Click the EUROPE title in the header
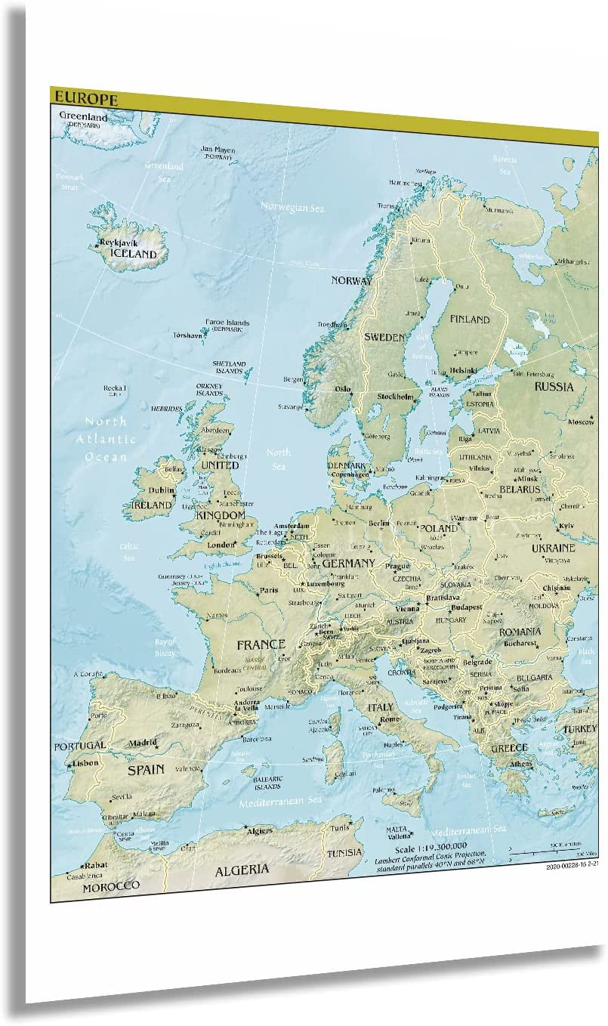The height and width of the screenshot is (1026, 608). click(x=84, y=99)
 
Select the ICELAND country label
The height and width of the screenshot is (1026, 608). click(x=133, y=255)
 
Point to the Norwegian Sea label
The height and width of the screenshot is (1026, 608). click(x=292, y=207)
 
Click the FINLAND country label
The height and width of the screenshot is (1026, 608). click(x=470, y=319)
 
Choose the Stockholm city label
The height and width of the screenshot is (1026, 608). click(x=395, y=397)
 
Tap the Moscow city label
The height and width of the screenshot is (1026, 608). click(x=582, y=422)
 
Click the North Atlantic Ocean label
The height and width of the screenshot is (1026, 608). click(x=106, y=439)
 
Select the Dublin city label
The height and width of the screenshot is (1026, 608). click(x=161, y=490)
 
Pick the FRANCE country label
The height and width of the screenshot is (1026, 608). click(x=261, y=644)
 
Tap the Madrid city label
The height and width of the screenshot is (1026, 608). click(x=142, y=743)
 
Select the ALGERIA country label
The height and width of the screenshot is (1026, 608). click(x=242, y=870)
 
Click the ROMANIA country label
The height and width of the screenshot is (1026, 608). click(x=520, y=631)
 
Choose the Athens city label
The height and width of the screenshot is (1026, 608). click(x=519, y=763)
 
